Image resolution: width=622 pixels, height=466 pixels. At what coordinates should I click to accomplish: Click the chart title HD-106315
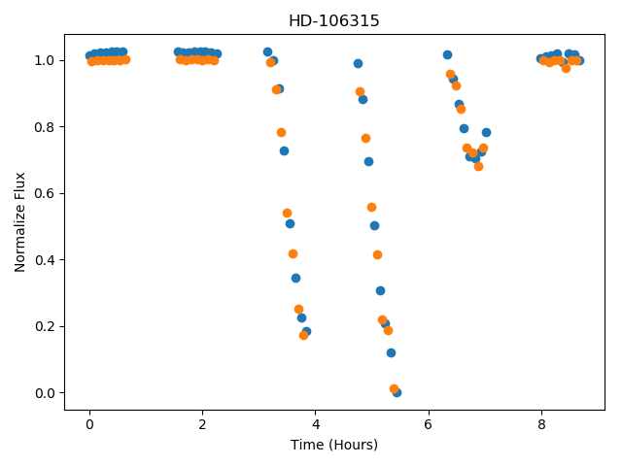coord(334,20)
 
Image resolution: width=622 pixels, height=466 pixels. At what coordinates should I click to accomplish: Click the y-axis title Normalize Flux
coord(19,222)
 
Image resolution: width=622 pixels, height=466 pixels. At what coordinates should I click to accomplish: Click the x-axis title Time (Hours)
coord(334,445)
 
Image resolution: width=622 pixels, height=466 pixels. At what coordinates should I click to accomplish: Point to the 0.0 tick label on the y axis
coord(45,393)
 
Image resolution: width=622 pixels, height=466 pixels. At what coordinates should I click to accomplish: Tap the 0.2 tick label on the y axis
coord(45,326)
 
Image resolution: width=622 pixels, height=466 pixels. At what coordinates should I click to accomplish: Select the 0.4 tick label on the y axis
coord(45,260)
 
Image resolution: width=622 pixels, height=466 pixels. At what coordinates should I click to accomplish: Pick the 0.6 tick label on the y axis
coord(45,193)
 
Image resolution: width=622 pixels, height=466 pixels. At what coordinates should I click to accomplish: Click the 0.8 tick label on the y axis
coord(45,127)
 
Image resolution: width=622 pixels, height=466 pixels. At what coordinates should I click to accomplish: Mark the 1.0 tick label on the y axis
coord(45,60)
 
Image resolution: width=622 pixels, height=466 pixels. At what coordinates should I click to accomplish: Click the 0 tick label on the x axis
coord(89,425)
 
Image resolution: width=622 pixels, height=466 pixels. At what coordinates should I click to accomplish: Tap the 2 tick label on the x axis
coord(202,425)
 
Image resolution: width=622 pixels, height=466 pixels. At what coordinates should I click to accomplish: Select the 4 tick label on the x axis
coord(315,425)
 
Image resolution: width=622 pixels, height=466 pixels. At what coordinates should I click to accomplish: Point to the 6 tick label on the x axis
coord(428,425)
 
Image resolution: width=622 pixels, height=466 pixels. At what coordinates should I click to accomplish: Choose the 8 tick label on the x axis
coord(541,425)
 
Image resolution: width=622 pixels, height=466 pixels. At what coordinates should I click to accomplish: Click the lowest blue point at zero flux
coord(397,392)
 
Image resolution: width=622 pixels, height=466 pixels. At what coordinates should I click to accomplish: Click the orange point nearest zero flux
coord(394,388)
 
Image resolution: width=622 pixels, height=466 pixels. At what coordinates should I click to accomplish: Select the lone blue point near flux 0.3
coord(380,291)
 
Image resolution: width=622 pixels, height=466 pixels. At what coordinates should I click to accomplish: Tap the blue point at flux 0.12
coord(391,352)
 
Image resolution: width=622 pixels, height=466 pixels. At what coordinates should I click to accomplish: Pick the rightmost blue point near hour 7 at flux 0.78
coord(486,132)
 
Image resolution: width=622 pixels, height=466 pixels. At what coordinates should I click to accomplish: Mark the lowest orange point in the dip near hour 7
coord(479,166)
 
